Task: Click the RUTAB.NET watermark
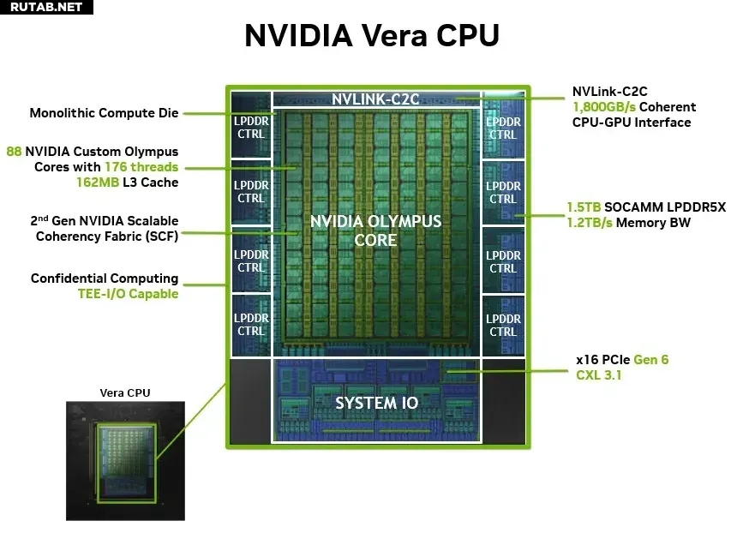pyautogui.click(x=46, y=7)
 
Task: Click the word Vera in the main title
pyautogui.click(x=394, y=35)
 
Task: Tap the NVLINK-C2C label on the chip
pyautogui.click(x=375, y=99)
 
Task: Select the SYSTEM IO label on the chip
pyautogui.click(x=377, y=403)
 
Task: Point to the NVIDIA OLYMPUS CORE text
pyautogui.click(x=375, y=231)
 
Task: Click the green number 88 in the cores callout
pyautogui.click(x=14, y=152)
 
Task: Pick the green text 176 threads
pyautogui.click(x=141, y=167)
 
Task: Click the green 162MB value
pyautogui.click(x=98, y=183)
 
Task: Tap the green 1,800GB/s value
pyautogui.click(x=603, y=107)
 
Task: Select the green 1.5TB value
pyautogui.click(x=584, y=207)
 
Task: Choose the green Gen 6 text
pyautogui.click(x=651, y=360)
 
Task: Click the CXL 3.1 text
pyautogui.click(x=599, y=374)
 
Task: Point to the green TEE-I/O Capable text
pyautogui.click(x=129, y=294)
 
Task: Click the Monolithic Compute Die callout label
pyautogui.click(x=104, y=113)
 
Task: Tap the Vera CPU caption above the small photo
pyautogui.click(x=125, y=393)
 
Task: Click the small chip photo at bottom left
pyautogui.click(x=125, y=461)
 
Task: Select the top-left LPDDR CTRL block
pyautogui.click(x=251, y=125)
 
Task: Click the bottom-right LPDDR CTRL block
pyautogui.click(x=503, y=326)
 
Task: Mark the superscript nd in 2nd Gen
pyautogui.click(x=43, y=218)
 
